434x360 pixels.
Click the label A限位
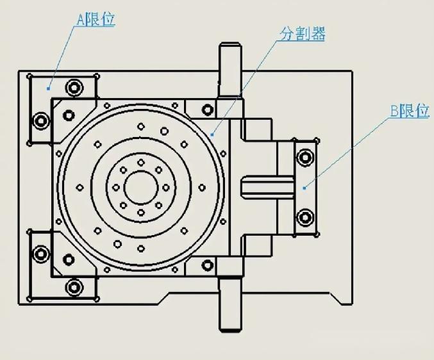coord(96,20)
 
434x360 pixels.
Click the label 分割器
coord(303,34)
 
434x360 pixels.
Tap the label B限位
coord(410,111)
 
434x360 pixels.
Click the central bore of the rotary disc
coord(141,188)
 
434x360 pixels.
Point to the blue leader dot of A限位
coord(48,89)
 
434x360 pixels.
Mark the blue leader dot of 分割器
coord(212,135)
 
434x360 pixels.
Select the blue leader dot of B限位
coord(305,188)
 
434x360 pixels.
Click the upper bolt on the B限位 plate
coord(305,158)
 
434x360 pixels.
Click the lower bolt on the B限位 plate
coord(305,217)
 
